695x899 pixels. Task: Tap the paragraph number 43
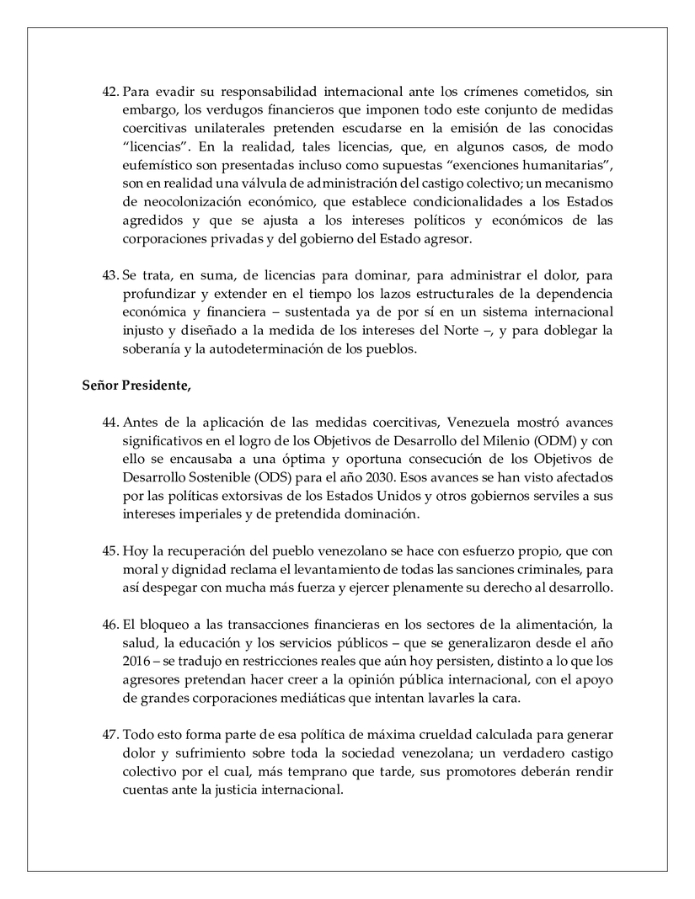tap(111, 277)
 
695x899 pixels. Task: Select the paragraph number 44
tap(111, 422)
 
